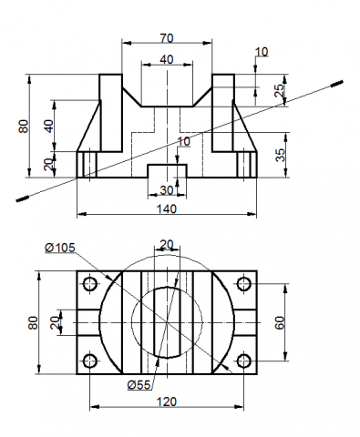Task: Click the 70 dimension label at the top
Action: coord(167,38)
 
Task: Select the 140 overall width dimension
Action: coord(167,209)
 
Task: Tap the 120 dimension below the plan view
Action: coord(167,401)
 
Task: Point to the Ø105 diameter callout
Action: coord(60,248)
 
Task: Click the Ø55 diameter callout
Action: coord(139,385)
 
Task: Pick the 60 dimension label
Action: coord(280,322)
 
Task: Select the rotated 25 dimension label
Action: coord(279,90)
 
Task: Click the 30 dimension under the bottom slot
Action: coord(167,190)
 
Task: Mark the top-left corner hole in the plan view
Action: coord(90,284)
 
